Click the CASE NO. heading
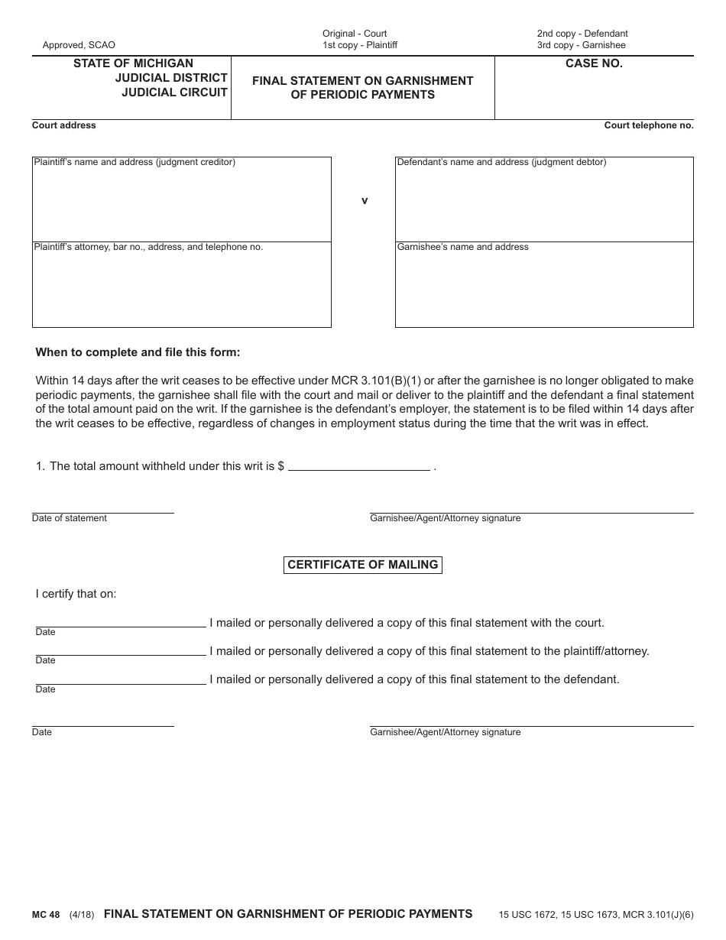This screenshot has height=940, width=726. (x=594, y=63)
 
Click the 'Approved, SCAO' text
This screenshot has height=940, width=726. (x=79, y=45)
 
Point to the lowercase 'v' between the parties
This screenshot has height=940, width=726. (x=365, y=200)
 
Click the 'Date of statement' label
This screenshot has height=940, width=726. (x=70, y=518)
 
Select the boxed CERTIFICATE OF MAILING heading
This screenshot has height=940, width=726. (x=363, y=565)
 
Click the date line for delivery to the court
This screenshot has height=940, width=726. (x=121, y=621)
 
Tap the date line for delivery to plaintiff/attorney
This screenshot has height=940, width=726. (x=121, y=650)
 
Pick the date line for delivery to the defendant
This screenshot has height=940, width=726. (x=121, y=678)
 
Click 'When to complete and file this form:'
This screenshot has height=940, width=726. (x=138, y=352)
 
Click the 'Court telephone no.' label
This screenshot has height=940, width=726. (x=649, y=125)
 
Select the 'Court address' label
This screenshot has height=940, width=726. (x=64, y=125)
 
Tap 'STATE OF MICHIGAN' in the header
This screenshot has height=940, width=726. (x=133, y=63)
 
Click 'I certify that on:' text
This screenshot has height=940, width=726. (x=76, y=594)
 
